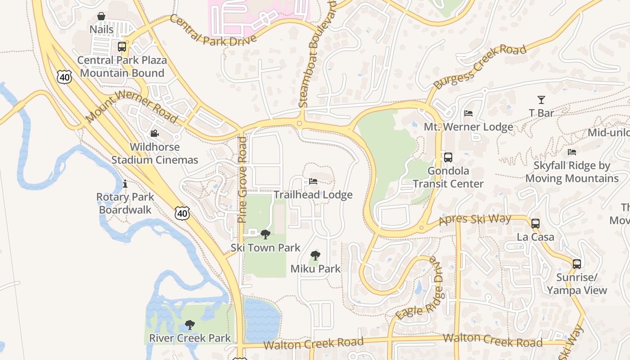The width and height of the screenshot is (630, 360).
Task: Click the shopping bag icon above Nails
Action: (x=101, y=17)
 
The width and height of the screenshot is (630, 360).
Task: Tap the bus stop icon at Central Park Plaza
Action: (x=121, y=47)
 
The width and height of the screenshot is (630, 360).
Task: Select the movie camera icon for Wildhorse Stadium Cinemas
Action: (x=154, y=134)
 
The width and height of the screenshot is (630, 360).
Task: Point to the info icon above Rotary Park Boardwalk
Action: (x=125, y=184)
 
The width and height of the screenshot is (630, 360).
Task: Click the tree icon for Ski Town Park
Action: (x=265, y=234)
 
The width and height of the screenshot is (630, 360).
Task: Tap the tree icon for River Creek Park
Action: (x=190, y=325)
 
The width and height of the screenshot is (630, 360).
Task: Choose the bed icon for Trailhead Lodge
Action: (x=313, y=181)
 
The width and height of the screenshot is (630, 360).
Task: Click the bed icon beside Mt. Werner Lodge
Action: (x=468, y=113)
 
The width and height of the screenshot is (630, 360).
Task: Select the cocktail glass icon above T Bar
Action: (x=541, y=100)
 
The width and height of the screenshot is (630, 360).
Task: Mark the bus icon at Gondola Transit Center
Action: (x=448, y=157)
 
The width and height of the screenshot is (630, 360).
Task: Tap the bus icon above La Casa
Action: (x=535, y=224)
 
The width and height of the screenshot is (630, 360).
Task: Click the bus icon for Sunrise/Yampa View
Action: (x=577, y=264)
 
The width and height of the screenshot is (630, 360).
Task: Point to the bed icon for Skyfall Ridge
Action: (x=572, y=152)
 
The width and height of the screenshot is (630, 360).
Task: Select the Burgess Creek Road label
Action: (x=480, y=67)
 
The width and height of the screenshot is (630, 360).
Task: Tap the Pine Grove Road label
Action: (x=242, y=180)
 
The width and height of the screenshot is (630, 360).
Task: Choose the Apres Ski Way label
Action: (x=475, y=220)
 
